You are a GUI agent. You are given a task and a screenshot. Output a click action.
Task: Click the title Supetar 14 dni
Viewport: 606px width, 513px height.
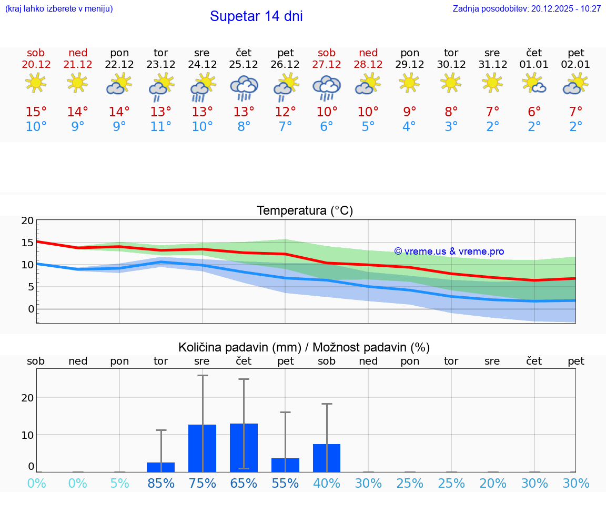(256, 16)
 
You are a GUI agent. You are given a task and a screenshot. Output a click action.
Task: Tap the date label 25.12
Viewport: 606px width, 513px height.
(244, 64)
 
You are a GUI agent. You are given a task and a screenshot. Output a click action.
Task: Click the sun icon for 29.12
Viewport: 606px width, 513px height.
(410, 83)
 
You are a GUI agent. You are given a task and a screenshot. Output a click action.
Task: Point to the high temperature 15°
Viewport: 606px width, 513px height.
(36, 112)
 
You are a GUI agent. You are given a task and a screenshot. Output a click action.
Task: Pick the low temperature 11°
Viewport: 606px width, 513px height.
(161, 127)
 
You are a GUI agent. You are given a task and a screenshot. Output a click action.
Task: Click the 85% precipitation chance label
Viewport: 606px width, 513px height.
(161, 483)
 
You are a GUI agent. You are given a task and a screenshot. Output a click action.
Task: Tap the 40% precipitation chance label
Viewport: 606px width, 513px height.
(327, 483)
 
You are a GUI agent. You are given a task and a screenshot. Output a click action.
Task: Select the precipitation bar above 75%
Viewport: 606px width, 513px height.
(203, 448)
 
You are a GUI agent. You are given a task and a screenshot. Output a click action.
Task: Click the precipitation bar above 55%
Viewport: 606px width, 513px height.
(286, 465)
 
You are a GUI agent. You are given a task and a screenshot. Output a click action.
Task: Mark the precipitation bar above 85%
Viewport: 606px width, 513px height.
(161, 467)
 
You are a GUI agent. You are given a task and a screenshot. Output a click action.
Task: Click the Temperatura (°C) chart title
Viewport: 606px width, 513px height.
(305, 211)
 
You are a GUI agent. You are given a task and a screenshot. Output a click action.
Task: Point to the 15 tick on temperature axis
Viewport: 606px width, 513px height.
(27, 243)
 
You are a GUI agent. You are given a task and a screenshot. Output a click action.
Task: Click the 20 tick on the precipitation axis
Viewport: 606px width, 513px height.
(27, 398)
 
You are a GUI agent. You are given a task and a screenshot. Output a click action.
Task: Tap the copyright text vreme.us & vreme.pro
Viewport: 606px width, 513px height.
(449, 252)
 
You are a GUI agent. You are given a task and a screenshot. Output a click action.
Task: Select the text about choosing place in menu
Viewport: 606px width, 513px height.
(59, 8)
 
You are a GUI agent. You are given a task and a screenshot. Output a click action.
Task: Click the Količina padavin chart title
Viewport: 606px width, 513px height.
(304, 347)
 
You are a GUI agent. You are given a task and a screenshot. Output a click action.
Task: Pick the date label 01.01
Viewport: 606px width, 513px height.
(534, 64)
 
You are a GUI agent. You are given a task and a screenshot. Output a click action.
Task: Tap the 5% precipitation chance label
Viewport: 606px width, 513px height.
(119, 483)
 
